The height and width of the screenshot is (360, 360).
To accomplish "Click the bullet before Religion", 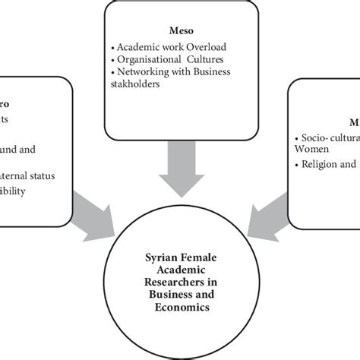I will pyautogui.click(x=296, y=164).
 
